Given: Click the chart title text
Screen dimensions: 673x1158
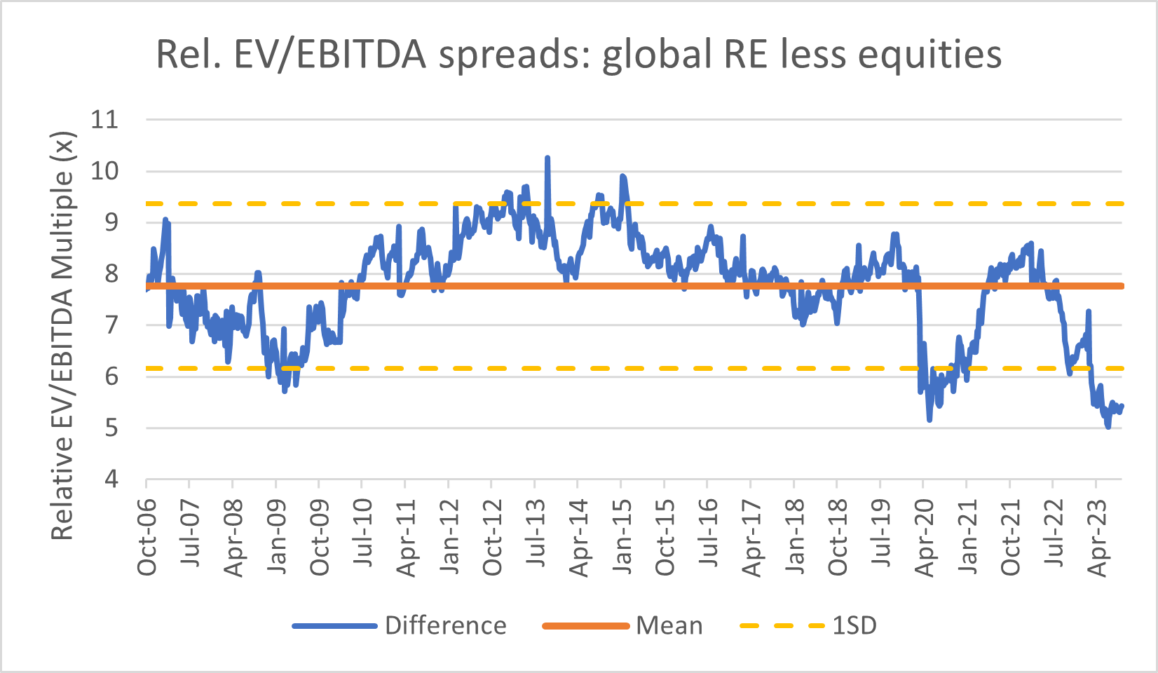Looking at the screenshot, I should click(578, 54).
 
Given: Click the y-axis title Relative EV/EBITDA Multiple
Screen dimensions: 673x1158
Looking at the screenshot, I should click(62, 336).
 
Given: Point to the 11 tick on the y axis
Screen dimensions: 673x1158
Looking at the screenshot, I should click(104, 120).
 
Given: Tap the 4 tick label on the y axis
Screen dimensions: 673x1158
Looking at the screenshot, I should click(111, 480).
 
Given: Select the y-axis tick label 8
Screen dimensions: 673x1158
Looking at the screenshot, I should click(111, 274).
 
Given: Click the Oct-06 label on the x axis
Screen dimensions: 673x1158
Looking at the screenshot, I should click(147, 537).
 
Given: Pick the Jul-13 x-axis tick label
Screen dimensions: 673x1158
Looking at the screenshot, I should click(536, 537).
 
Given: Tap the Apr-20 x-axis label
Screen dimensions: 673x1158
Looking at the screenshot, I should click(925, 537).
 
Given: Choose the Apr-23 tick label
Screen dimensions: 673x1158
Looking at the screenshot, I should click(1097, 537).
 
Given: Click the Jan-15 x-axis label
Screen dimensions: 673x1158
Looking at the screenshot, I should click(622, 537).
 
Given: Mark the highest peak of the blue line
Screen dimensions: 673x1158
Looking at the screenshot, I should click(547, 158).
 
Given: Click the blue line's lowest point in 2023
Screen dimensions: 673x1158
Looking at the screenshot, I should click(1108, 427).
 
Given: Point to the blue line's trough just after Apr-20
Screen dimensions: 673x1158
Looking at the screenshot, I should click(929, 420).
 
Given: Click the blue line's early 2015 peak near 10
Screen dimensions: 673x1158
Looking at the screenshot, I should click(622, 176).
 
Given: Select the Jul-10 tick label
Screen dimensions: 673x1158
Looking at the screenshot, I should click(363, 537).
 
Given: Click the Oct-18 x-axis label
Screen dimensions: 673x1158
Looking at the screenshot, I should click(838, 537).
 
